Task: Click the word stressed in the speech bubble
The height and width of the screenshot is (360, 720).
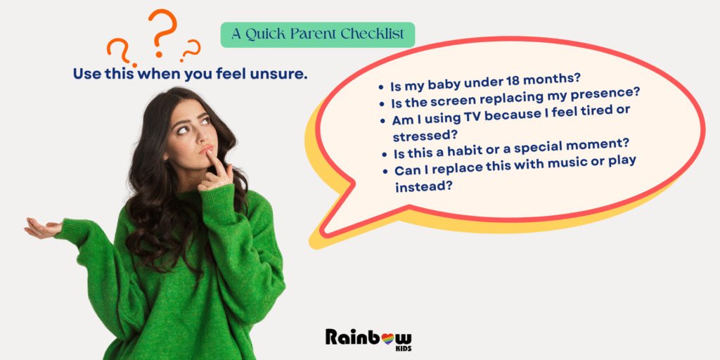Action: coord(423,136)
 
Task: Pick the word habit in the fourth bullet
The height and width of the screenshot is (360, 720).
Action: coord(475,148)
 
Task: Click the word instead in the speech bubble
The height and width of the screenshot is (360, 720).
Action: coord(421,186)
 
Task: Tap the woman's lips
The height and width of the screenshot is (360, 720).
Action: coord(206,150)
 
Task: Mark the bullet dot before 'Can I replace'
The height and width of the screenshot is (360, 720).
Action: coord(385,171)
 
